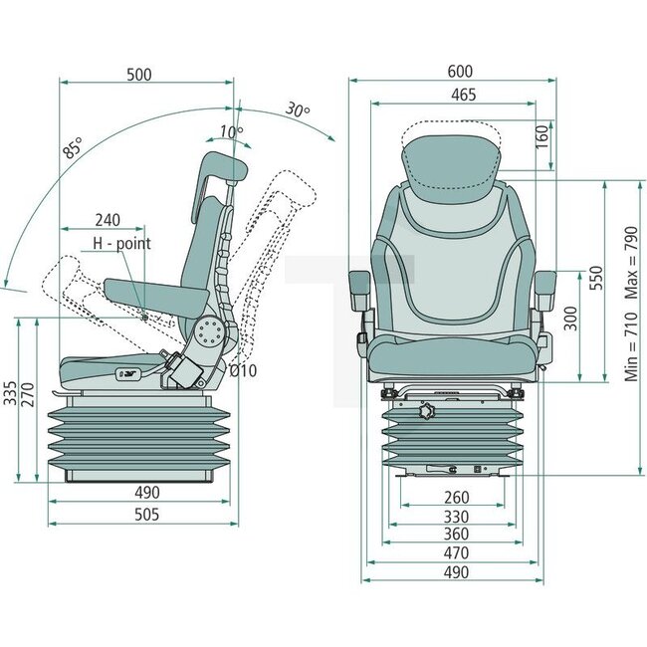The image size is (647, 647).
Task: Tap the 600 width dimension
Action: coord(459,72)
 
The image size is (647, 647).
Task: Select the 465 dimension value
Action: coord(462,96)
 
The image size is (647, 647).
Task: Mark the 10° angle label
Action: coord(231,131)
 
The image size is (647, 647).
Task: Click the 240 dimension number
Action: coord(108,220)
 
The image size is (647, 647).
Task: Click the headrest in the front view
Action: coord(450,159)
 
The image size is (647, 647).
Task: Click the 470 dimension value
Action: coord(455,552)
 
